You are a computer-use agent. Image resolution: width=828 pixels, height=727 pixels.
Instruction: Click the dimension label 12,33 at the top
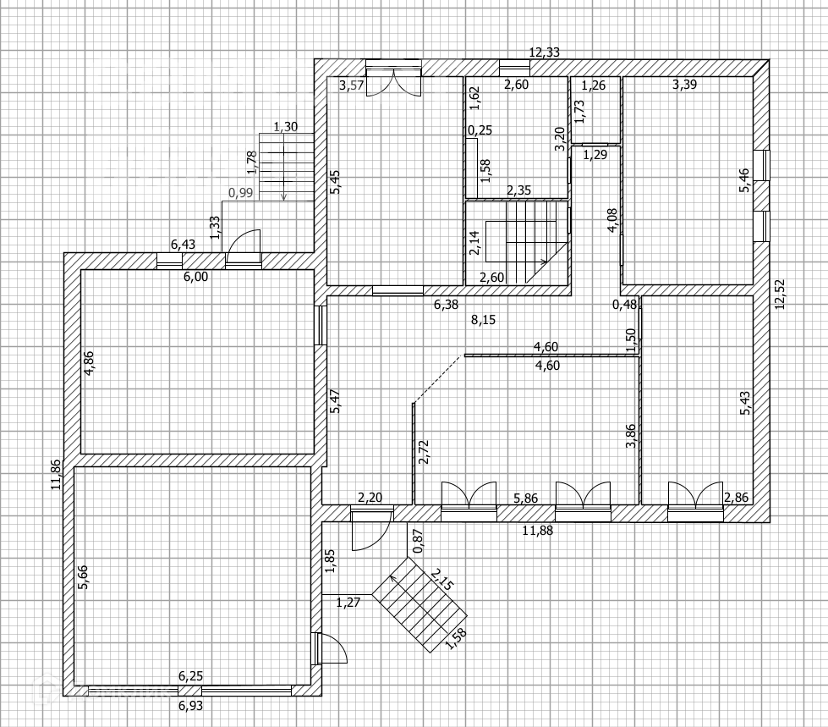pos(544,52)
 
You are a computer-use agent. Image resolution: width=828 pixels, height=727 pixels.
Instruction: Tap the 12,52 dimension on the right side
pos(779,294)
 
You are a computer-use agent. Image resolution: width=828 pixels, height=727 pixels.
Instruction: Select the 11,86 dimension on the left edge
pos(56,474)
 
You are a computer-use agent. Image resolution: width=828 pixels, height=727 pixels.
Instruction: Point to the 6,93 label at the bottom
pos(190,704)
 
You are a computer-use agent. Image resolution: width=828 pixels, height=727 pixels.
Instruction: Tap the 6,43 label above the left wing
pos(184,245)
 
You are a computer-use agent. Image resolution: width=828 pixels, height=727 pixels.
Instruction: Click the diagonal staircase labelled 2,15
pos(419,607)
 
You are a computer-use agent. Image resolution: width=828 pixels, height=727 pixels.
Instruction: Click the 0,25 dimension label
pos(480,130)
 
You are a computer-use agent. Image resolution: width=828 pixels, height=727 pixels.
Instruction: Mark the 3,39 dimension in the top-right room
pos(684,85)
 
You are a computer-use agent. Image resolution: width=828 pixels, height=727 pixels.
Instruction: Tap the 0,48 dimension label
pos(626,305)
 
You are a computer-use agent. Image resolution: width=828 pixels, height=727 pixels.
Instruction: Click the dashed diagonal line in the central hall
pos(437,379)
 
